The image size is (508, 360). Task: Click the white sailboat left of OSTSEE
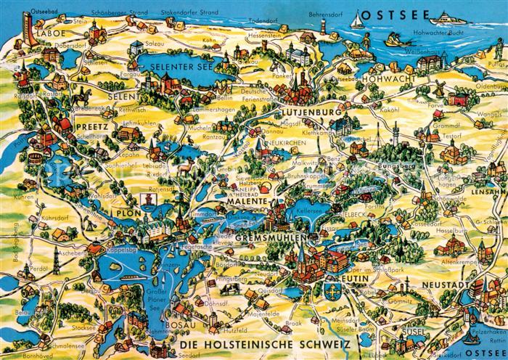pos(356,22)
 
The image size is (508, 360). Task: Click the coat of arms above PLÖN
pos(144,198)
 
